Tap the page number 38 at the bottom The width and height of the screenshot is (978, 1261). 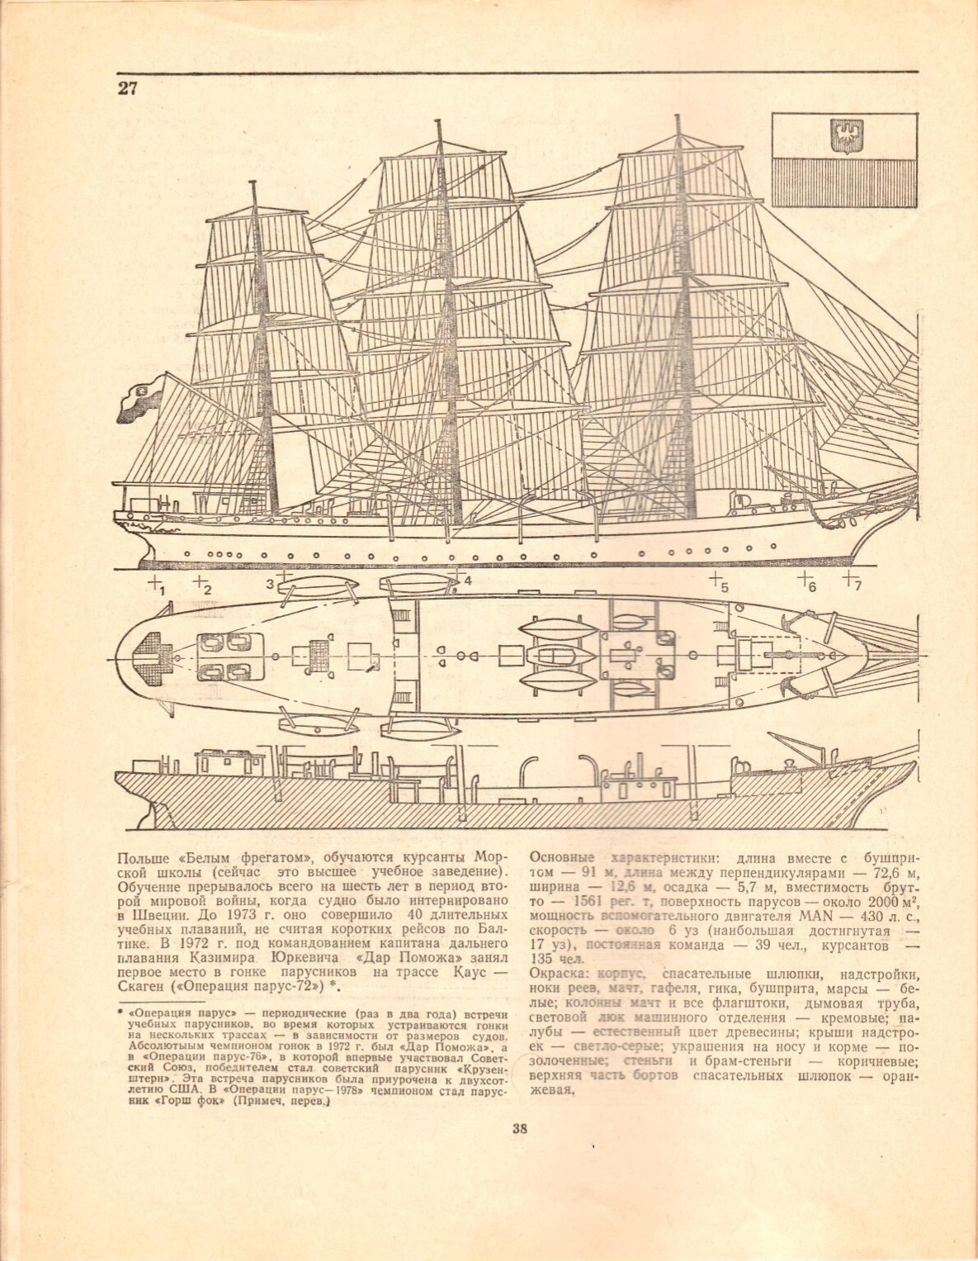[x=519, y=1129]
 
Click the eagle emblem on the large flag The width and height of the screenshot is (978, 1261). [x=843, y=135]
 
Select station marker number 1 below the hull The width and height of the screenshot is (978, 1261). [x=157, y=585]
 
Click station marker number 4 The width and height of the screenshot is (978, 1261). [x=465, y=581]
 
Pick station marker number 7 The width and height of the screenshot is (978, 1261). [x=853, y=581]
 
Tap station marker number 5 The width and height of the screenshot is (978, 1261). [x=719, y=583]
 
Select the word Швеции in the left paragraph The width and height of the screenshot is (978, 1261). [x=153, y=917]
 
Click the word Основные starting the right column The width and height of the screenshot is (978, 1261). [x=561, y=858]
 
